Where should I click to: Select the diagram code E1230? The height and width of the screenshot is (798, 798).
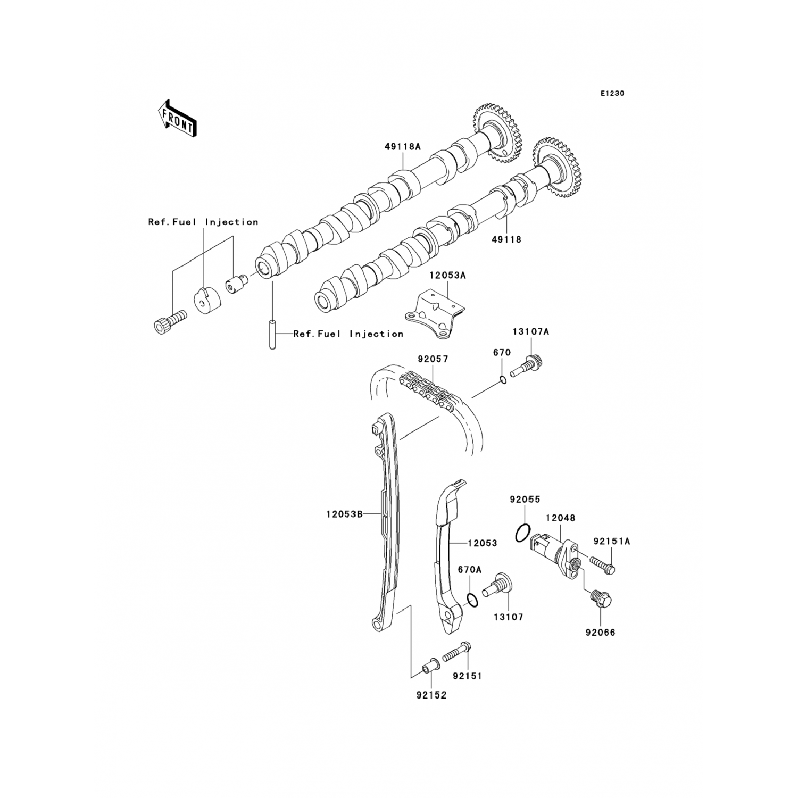pos(612,93)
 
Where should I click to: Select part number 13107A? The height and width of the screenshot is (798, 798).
pos(530,332)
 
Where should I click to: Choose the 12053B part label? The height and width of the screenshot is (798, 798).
pos(344,514)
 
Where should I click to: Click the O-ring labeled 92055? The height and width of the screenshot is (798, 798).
pos(523,533)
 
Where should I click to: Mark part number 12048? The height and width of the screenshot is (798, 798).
pos(560,518)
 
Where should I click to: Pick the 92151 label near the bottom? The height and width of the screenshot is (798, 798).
pos(467,676)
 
